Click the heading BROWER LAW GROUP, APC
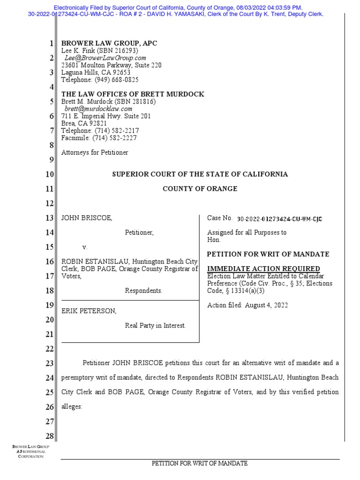[109, 43]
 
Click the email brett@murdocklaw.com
[95, 109]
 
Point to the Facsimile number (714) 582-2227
[117, 138]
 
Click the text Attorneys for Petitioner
[95, 152]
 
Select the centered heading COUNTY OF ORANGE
[200, 189]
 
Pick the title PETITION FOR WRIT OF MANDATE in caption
[268, 254]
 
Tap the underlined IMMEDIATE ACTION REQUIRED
[263, 269]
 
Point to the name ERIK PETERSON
[89, 311]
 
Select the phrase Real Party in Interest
[155, 326]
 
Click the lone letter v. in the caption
[85, 247]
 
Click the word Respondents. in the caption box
[143, 291]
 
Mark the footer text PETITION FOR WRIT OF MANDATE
[200, 464]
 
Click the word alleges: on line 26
[72, 407]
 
